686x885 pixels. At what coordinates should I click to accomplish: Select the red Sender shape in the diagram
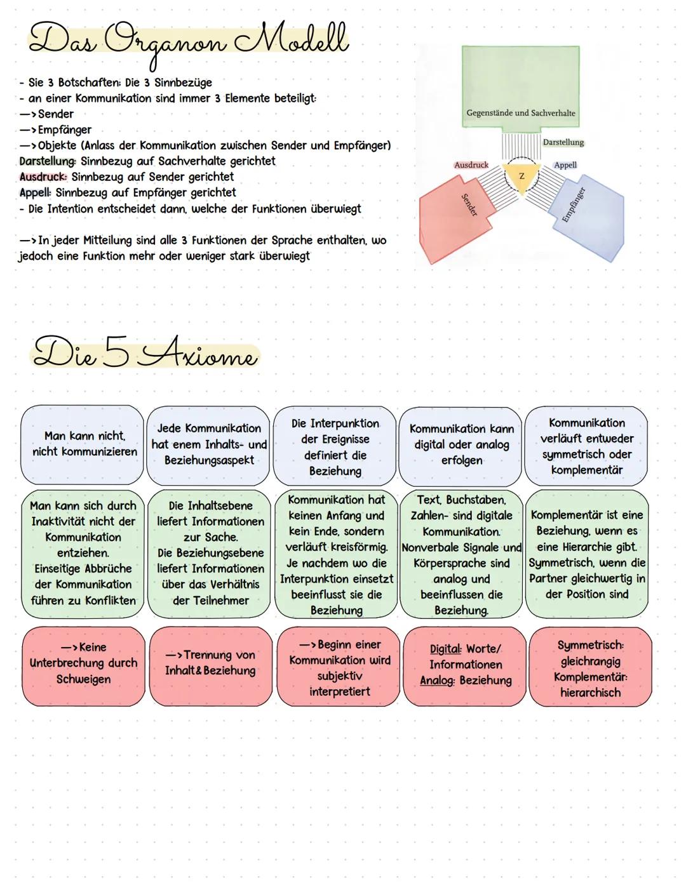454,219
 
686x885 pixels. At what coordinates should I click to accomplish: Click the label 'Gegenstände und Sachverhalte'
520,113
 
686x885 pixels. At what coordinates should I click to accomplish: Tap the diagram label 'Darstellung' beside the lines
563,142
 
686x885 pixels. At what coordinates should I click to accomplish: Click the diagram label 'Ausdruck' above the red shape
471,165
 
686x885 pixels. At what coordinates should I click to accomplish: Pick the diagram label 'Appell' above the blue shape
565,165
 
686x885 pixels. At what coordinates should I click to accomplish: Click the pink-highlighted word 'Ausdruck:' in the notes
43,177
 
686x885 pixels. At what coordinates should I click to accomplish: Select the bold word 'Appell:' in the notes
36,192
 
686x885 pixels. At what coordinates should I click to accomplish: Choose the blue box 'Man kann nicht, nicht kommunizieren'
83,444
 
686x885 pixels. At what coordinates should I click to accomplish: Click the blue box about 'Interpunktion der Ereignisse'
335,446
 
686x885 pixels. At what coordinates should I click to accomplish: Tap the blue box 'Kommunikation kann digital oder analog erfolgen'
461,444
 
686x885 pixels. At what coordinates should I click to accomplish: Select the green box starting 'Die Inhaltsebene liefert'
210,552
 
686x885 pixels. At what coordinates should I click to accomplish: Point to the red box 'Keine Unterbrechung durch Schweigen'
83,663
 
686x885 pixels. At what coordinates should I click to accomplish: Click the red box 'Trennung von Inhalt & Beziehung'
210,663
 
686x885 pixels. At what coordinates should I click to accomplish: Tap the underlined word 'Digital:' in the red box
445,649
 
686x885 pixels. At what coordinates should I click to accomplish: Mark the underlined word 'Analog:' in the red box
436,681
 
